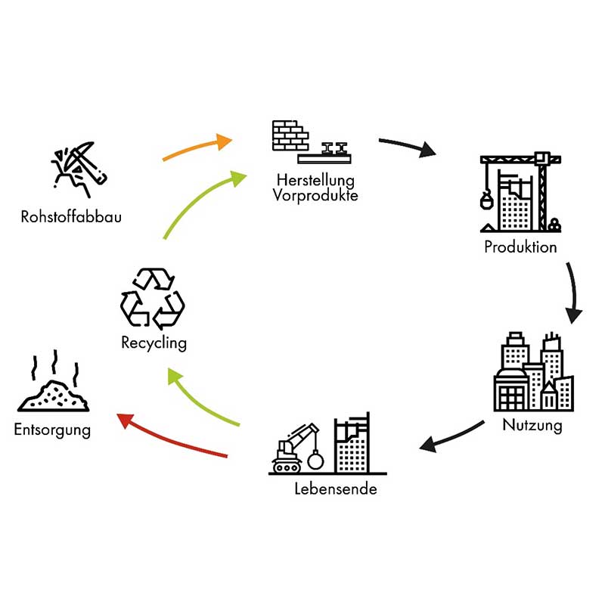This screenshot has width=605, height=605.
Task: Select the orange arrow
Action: pos(197,148)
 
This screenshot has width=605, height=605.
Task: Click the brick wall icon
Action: pos(290,135)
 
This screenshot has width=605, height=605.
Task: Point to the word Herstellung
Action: pos(315,181)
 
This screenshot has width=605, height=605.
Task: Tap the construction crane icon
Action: pos(520,193)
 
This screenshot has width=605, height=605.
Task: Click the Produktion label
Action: pos(520,247)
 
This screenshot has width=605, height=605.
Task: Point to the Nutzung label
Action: pos(532,425)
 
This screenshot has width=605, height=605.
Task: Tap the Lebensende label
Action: pos(335,489)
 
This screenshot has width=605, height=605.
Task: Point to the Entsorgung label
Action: pos(52,431)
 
